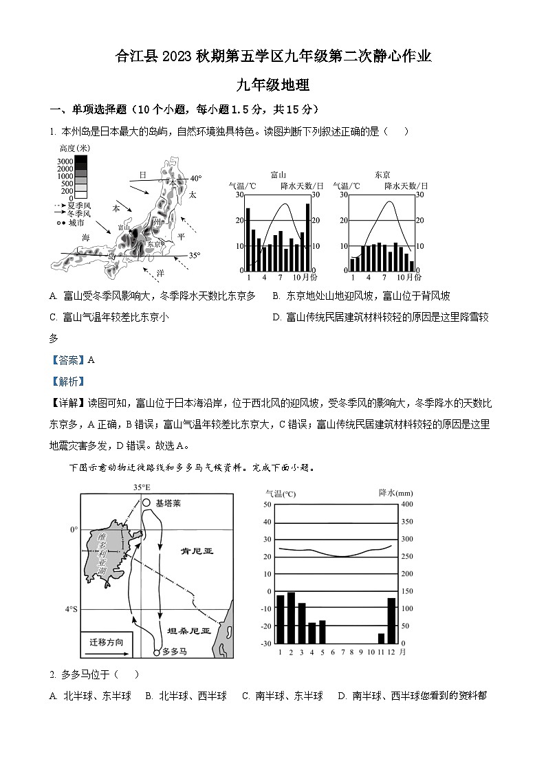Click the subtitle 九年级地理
(x=273, y=86)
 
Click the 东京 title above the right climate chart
(x=383, y=175)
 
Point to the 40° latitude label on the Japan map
(x=196, y=178)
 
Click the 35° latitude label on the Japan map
(x=195, y=256)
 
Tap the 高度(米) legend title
(x=74, y=148)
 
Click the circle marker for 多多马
(x=157, y=652)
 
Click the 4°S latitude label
(x=71, y=609)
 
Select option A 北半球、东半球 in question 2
(x=91, y=696)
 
